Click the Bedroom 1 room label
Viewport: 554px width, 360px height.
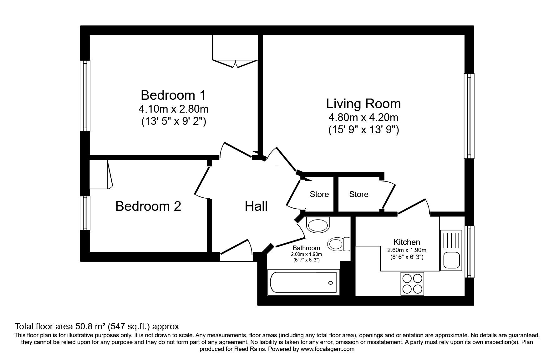tap(173, 95)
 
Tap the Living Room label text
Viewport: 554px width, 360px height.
tap(363, 104)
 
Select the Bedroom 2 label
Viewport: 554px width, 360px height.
tap(148, 206)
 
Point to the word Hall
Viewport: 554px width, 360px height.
tap(256, 206)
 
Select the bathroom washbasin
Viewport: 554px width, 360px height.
tap(318, 225)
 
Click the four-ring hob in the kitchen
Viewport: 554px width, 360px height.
tap(412, 284)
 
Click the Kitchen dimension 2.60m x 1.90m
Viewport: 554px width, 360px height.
tap(407, 250)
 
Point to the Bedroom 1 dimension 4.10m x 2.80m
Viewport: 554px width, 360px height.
tap(173, 109)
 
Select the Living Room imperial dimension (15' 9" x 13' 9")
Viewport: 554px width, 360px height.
tap(363, 129)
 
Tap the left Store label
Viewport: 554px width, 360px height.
tap(319, 195)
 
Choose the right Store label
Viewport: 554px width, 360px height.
tap(358, 195)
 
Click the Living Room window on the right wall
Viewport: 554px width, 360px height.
tap(469, 116)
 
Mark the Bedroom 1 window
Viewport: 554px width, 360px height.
tap(85, 95)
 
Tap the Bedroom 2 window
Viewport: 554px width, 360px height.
tap(85, 213)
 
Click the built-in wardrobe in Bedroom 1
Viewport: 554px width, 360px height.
tap(235, 51)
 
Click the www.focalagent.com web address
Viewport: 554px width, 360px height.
tap(327, 349)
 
